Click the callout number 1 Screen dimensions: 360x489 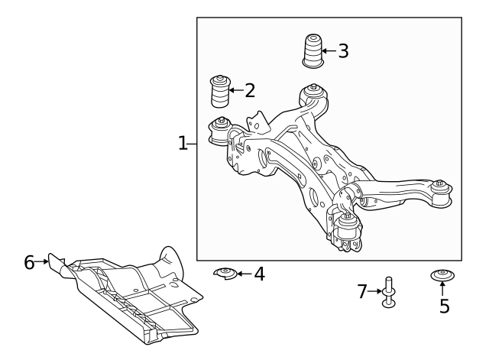click(x=183, y=143)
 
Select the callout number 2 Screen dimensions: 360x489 click(x=249, y=91)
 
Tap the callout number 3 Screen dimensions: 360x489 click(x=343, y=51)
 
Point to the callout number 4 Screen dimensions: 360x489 click(x=259, y=274)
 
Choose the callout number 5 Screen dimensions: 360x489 click(x=444, y=306)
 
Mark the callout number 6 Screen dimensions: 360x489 click(x=29, y=263)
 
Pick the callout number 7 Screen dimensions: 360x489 click(x=363, y=291)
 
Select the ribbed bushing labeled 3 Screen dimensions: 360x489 click(x=312, y=51)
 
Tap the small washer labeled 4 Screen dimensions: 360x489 click(x=225, y=273)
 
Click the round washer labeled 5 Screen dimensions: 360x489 click(x=442, y=275)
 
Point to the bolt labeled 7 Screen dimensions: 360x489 click(x=390, y=292)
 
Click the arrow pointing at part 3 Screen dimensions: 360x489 click(x=329, y=51)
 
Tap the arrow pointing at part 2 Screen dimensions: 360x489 click(x=238, y=91)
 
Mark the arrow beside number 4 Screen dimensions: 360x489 click(x=244, y=274)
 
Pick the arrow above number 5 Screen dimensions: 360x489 click(x=442, y=290)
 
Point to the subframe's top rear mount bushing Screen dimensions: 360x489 click(x=314, y=96)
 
